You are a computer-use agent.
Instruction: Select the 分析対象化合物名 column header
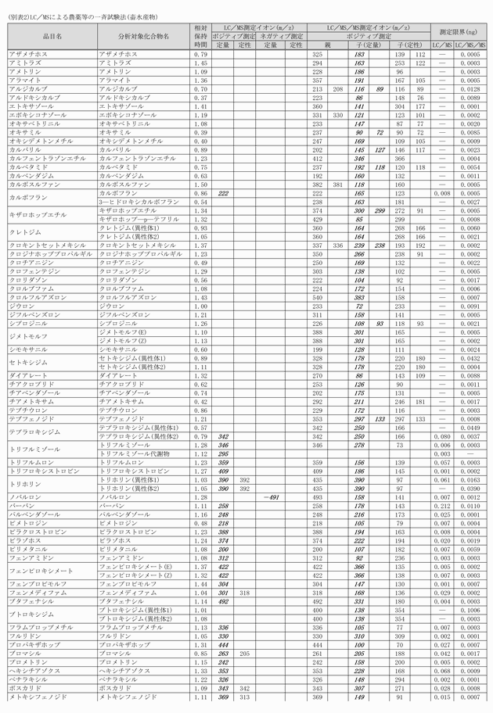coord(143,36)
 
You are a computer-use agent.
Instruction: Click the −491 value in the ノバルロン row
coord(271,497)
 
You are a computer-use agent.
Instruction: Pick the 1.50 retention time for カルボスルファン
coord(200,185)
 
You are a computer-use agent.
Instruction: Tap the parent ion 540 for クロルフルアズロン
coord(318,297)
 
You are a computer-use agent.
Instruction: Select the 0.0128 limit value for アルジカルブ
coord(471,89)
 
